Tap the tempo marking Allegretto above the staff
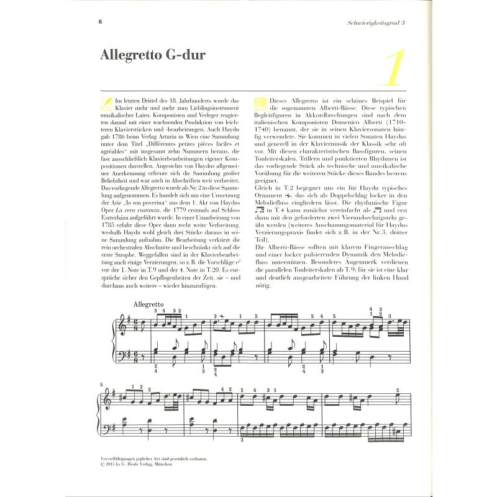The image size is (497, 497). [147, 304]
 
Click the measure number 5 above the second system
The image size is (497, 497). [101, 385]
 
